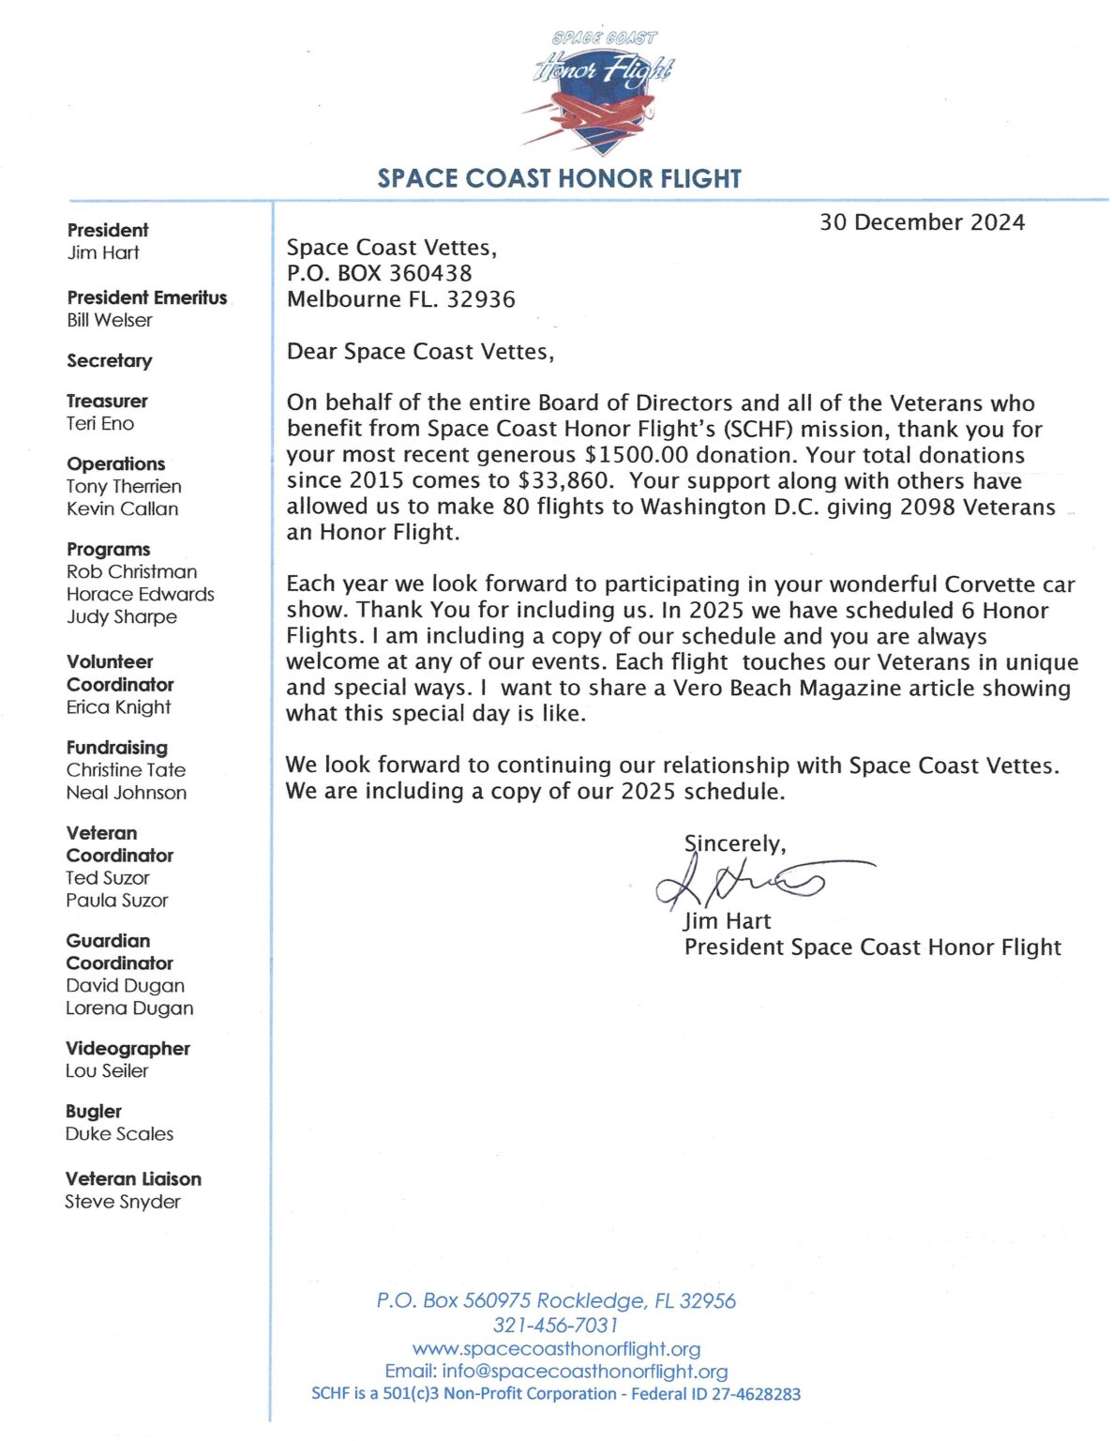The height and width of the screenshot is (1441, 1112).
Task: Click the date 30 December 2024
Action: tap(922, 222)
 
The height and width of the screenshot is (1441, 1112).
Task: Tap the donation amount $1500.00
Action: tap(636, 455)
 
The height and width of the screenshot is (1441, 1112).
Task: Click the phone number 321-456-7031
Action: tap(556, 1325)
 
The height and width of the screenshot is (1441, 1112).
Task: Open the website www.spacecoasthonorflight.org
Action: tap(556, 1348)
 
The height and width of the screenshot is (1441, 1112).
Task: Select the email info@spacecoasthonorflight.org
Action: tap(584, 1371)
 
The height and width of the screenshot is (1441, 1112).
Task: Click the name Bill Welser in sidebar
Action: tap(109, 320)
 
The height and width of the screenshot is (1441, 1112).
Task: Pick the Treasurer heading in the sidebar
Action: tap(107, 401)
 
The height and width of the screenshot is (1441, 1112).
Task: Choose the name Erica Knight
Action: tap(118, 706)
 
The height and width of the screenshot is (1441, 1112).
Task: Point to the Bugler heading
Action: tap(94, 1111)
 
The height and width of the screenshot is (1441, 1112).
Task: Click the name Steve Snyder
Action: tap(122, 1201)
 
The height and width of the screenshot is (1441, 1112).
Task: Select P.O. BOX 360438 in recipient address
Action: tap(379, 273)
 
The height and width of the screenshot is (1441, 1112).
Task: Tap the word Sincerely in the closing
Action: tap(734, 843)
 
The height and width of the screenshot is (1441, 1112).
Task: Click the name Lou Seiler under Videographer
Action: tap(107, 1070)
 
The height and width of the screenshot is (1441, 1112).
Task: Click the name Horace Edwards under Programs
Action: tap(140, 594)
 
